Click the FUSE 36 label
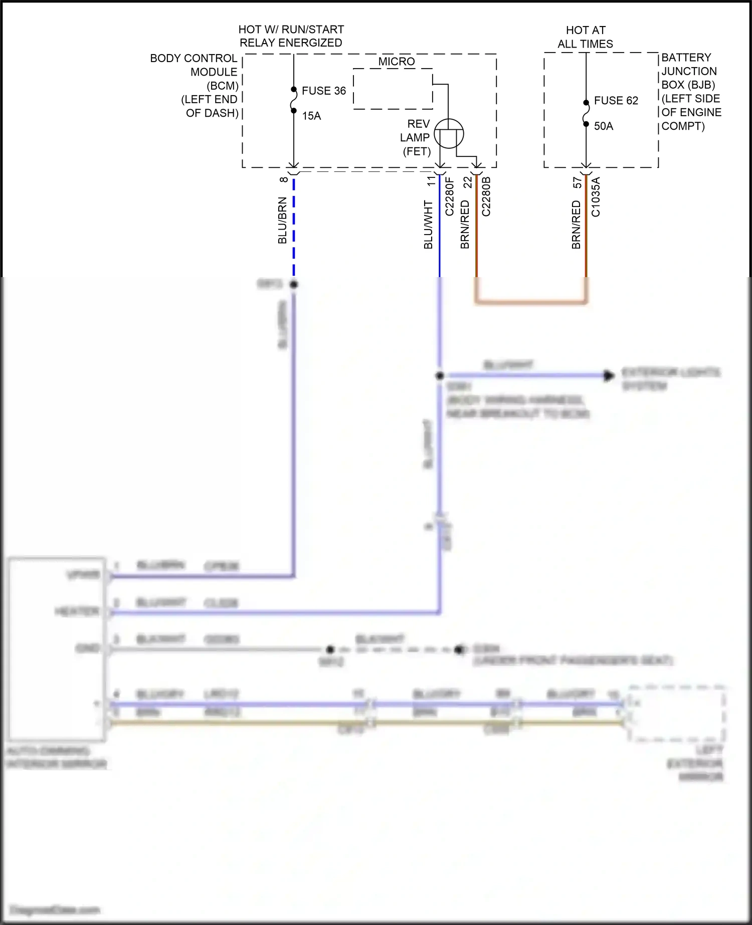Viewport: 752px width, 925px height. coord(323,91)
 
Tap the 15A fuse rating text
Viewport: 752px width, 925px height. coord(311,116)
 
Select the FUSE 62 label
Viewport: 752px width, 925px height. coord(616,101)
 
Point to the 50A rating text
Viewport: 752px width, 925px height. coord(604,126)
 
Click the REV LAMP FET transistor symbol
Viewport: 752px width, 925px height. coord(448,134)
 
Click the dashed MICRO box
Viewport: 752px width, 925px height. coord(393,89)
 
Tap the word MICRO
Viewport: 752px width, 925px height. coord(397,62)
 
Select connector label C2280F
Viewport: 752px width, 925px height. coord(450,196)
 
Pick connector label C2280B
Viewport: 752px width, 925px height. coord(486,196)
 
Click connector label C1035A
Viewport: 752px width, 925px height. coord(596,196)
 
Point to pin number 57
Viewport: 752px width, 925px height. coord(577,182)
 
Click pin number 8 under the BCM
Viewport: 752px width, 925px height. coord(284,179)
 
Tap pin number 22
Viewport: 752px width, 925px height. coord(468,182)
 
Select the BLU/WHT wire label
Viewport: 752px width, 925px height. coord(428,224)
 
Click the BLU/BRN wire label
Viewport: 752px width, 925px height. coord(282,220)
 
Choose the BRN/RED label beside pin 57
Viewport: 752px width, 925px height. coord(576,224)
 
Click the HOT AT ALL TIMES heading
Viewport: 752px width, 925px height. coord(585,37)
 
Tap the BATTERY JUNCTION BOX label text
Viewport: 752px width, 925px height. coord(691,92)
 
